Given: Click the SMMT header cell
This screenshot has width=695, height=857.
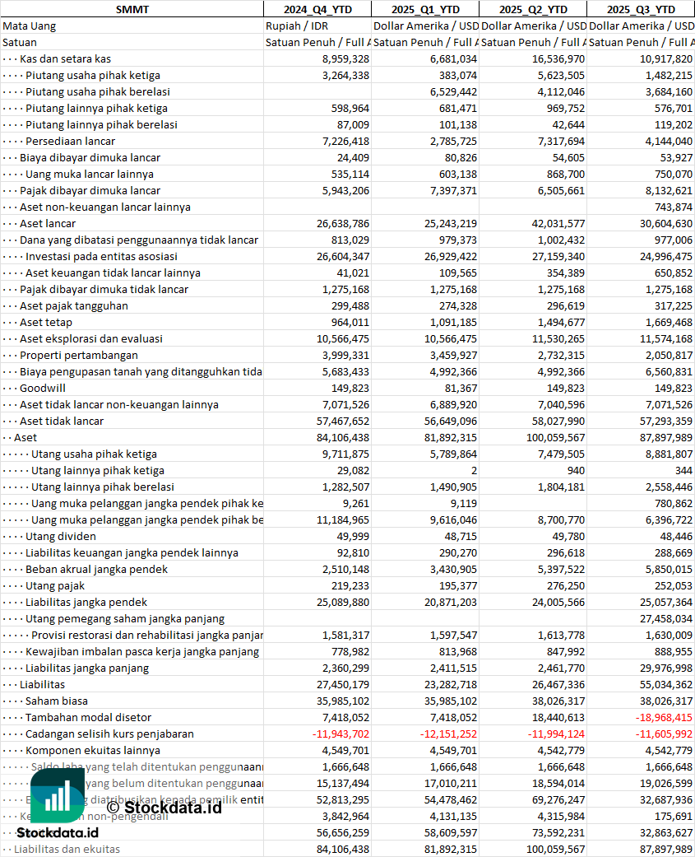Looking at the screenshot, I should click(x=132, y=9).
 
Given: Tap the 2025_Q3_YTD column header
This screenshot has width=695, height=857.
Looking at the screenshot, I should click(x=641, y=9).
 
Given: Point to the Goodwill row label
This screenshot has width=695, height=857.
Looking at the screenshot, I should click(x=43, y=388).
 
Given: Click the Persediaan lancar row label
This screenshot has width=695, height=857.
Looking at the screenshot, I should click(x=70, y=141).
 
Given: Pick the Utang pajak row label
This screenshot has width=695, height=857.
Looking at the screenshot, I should click(x=55, y=585).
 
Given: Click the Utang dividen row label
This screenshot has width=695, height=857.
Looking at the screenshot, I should click(x=61, y=536).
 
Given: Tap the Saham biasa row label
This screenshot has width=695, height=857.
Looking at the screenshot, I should click(x=57, y=701).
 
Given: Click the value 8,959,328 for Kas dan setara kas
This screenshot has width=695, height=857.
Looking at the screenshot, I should click(x=345, y=58).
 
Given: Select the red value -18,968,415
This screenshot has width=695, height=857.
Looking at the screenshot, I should click(x=663, y=717).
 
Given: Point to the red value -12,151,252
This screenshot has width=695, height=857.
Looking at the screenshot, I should click(x=447, y=734).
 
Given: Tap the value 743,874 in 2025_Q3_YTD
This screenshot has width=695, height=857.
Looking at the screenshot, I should click(x=674, y=207).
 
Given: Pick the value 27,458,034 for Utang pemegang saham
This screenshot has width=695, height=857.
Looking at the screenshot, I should click(x=665, y=618).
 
